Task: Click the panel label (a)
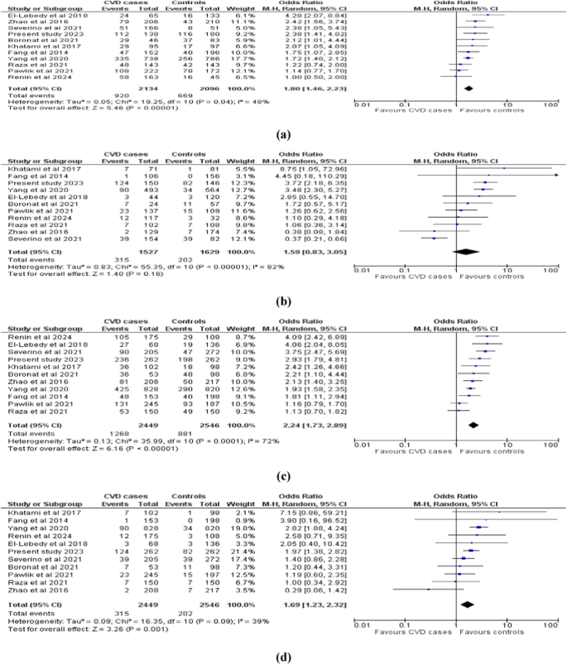(283, 130)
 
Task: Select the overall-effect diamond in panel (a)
(469, 85)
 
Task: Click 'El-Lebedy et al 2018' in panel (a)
(35, 15)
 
